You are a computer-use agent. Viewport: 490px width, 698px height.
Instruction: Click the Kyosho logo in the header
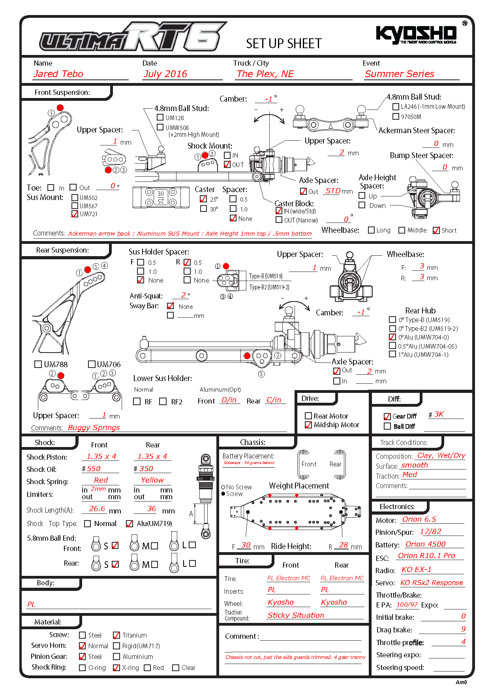[417, 34]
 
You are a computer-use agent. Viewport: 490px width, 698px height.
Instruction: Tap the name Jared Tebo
[58, 74]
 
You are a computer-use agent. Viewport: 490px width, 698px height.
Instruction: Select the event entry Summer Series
[399, 74]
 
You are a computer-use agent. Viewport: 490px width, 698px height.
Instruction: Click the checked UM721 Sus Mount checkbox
[75, 214]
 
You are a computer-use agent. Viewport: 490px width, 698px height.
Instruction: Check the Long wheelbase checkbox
[371, 230]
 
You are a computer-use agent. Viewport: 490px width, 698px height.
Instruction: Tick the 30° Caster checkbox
[203, 209]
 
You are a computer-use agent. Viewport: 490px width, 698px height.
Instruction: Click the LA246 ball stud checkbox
[396, 106]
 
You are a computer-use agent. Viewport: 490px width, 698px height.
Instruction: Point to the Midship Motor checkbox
[308, 425]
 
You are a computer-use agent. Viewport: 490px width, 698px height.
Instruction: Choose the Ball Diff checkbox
[387, 426]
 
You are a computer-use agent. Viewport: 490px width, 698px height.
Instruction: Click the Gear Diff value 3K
[439, 414]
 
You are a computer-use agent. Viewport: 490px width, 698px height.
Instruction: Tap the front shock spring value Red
[101, 480]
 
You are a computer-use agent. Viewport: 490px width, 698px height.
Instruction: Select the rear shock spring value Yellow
[152, 480]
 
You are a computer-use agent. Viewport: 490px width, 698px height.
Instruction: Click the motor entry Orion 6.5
[419, 519]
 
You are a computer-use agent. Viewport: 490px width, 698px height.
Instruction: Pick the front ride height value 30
[246, 545]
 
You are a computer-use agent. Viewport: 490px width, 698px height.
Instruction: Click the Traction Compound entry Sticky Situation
[295, 615]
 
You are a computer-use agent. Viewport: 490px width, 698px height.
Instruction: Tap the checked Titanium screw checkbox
[116, 635]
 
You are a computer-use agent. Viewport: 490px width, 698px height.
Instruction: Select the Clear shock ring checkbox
[176, 668]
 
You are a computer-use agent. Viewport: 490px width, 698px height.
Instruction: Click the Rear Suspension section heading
[62, 250]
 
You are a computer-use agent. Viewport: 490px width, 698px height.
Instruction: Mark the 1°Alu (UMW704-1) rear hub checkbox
[392, 354]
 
